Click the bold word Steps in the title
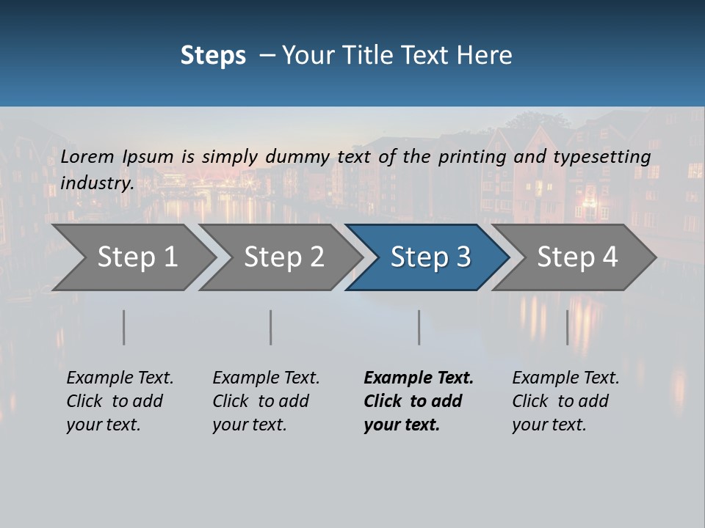point(213,55)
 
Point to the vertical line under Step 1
point(124,327)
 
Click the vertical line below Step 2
point(271,327)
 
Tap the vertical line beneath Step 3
point(419,327)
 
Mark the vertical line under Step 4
point(568,327)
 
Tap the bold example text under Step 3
point(418,401)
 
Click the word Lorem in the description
point(87,157)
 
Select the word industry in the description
point(96,183)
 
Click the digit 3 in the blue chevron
point(463,257)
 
